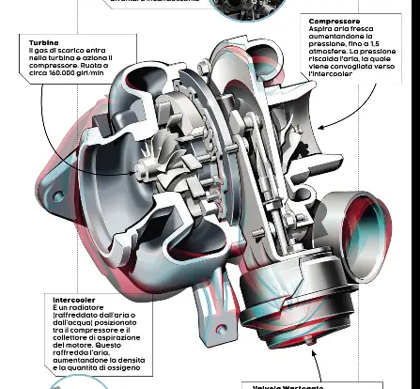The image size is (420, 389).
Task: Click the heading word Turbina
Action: [43, 43]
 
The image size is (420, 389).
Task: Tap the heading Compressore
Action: [334, 21]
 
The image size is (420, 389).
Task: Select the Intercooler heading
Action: [74, 300]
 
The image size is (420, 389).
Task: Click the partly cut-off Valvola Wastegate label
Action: [288, 385]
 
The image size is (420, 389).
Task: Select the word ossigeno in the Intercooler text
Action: [129, 367]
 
